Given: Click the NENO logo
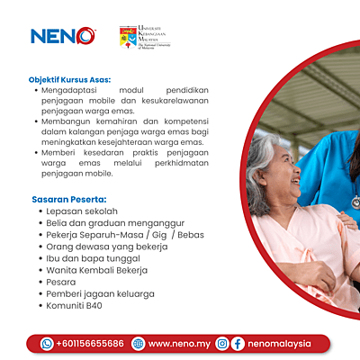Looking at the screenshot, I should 62,37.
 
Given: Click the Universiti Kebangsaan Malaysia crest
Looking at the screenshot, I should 129,37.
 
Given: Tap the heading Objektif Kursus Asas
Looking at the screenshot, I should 71,79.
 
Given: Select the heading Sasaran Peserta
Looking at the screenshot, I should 69,198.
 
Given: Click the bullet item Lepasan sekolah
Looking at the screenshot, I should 84,211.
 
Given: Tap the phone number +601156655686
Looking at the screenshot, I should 89,343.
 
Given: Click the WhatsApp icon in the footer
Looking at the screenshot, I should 47,343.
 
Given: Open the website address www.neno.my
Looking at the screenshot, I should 178,343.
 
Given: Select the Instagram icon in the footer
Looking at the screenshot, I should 221,343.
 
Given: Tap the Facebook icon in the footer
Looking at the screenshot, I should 238,343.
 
